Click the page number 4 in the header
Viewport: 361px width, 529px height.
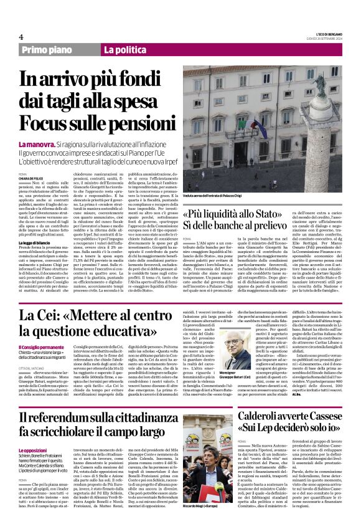[21, 37]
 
